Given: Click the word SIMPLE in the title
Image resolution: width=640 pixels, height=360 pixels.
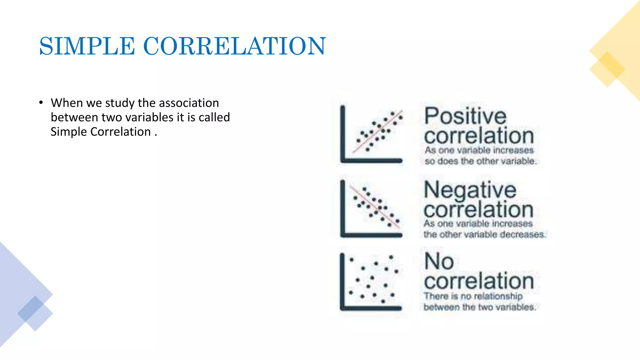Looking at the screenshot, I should [87, 46].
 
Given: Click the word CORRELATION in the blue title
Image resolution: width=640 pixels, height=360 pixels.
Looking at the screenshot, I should [234, 46].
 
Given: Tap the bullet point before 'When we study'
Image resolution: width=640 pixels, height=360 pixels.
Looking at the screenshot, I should [41, 102].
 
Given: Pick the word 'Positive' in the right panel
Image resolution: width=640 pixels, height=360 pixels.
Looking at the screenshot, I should [465, 116].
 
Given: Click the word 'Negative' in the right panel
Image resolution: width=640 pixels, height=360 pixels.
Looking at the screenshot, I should [470, 190].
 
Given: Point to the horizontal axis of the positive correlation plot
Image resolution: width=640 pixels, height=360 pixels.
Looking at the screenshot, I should [372, 161].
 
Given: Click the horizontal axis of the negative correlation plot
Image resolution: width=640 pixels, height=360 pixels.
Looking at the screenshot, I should [372, 235].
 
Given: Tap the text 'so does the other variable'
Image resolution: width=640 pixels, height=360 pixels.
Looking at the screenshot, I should [481, 161].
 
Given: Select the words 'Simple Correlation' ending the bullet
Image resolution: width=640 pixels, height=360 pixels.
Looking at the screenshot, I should [101, 132].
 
